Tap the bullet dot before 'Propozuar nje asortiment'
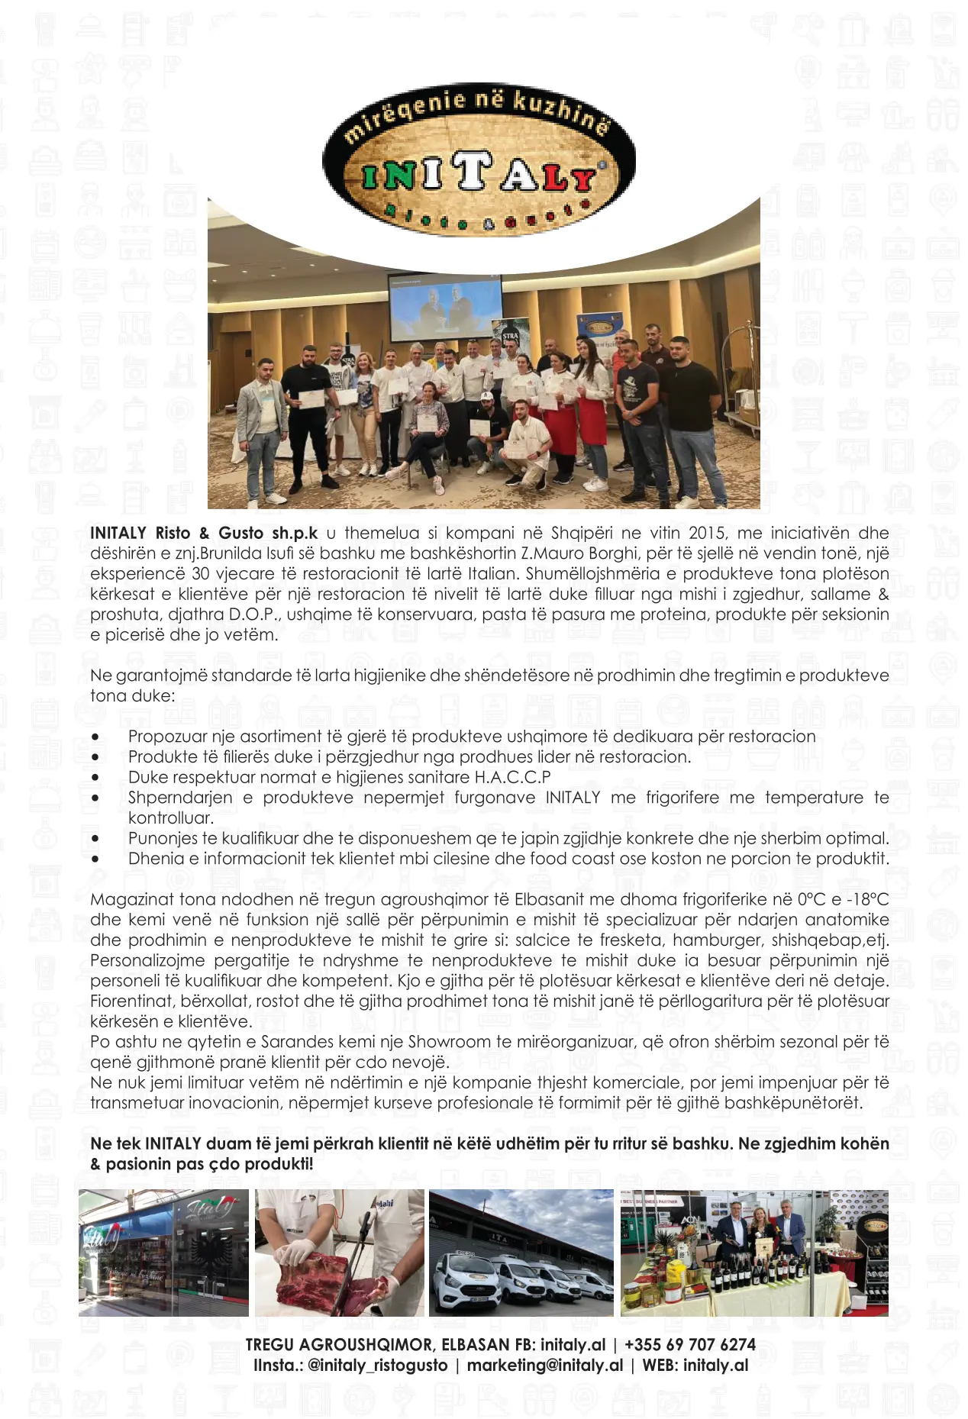pyautogui.click(x=95, y=737)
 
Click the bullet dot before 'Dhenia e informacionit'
pyautogui.click(x=95, y=859)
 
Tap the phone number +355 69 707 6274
pyautogui.click(x=690, y=1344)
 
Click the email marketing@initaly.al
pyautogui.click(x=545, y=1365)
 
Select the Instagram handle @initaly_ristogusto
pyautogui.click(x=377, y=1365)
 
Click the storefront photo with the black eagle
pyautogui.click(x=163, y=1252)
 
